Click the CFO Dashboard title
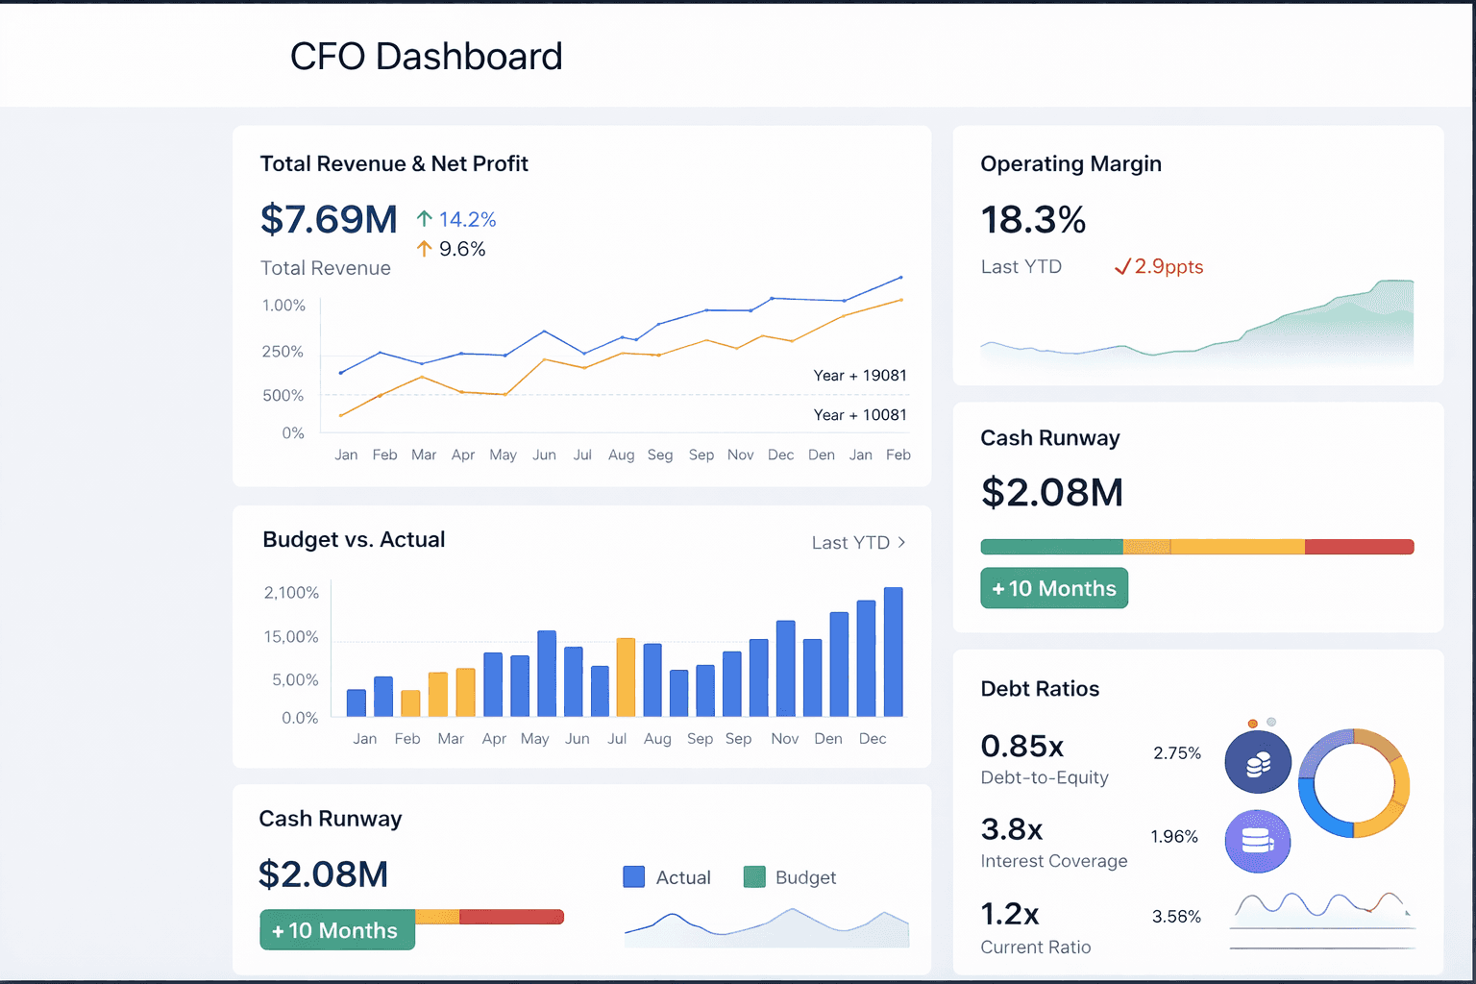[426, 57]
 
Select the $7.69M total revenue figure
[329, 220]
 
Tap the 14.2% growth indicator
[457, 220]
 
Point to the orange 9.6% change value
[452, 250]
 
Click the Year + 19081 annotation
[859, 376]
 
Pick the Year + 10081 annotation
[859, 415]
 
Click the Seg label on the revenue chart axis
[660, 455]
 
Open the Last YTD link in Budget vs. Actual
[857, 543]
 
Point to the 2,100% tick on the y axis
[291, 593]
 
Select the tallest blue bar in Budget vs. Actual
[893, 652]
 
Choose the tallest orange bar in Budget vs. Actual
[626, 677]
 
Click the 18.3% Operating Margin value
[1033, 220]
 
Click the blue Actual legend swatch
[633, 877]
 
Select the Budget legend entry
[790, 877]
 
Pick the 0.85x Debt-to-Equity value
[1022, 747]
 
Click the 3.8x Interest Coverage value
[1012, 829]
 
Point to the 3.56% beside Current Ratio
[1176, 917]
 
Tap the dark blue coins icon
[1258, 763]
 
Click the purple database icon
[1257, 842]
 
